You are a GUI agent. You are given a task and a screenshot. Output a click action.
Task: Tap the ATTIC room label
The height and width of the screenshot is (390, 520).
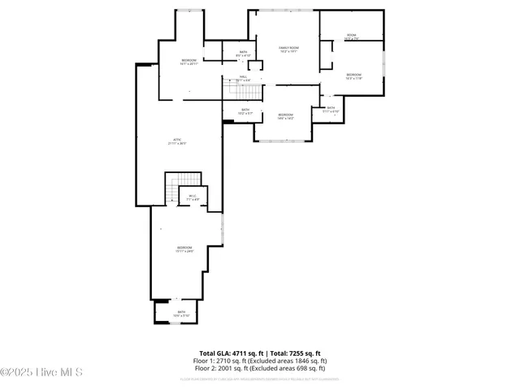[177, 141]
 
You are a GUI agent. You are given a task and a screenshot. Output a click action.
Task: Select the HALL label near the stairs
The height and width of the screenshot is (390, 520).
[243, 78]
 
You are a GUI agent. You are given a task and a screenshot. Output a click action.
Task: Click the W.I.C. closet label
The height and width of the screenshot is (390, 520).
[193, 197]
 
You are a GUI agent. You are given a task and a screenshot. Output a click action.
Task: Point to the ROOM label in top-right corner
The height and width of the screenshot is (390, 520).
[351, 36]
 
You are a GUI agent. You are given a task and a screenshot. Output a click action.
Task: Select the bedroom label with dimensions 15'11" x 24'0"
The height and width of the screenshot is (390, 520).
[184, 249]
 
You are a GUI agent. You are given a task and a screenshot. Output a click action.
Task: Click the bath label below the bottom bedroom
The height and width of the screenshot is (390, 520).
[181, 313]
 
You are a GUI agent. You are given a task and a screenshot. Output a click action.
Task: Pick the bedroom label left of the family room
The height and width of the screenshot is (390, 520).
[188, 62]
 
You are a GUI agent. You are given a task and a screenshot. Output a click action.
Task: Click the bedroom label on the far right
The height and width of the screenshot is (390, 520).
[353, 76]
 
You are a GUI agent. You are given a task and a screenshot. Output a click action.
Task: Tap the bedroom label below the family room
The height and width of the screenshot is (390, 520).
[285, 116]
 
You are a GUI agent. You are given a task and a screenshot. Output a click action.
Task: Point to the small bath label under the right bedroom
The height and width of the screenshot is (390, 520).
[331, 109]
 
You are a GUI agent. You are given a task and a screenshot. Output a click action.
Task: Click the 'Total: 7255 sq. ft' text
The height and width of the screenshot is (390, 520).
[294, 353]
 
